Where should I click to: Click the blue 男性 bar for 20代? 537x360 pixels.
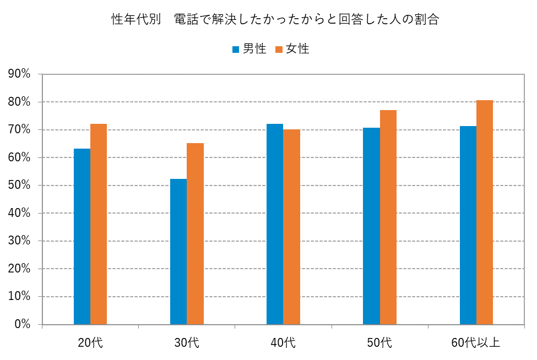(x=82, y=237)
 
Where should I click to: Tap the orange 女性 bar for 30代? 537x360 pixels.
(x=195, y=234)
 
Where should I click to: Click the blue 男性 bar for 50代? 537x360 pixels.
(x=371, y=226)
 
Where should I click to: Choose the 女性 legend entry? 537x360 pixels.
(x=292, y=49)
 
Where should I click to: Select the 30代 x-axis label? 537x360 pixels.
(x=187, y=342)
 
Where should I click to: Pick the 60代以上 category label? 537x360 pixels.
(x=476, y=342)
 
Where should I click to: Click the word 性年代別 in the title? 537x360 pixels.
(x=135, y=20)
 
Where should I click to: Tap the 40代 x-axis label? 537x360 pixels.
(x=283, y=342)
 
